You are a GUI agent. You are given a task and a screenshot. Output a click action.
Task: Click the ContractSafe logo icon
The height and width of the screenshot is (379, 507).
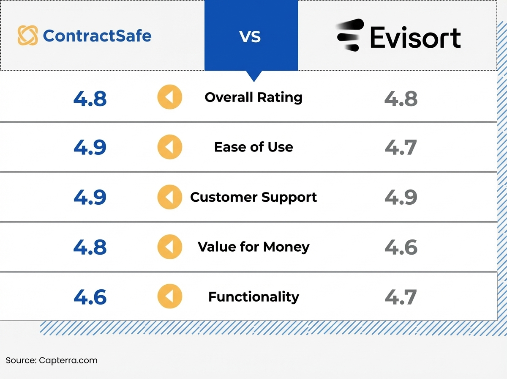(28, 35)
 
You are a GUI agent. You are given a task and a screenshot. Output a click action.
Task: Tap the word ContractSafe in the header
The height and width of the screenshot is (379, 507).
(97, 36)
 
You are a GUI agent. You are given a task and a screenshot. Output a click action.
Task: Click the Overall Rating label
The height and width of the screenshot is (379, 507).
(253, 97)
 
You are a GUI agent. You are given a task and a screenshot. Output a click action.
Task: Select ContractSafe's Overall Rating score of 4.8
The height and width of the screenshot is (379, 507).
(90, 98)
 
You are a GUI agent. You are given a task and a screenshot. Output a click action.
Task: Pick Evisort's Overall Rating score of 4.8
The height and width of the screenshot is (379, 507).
(401, 98)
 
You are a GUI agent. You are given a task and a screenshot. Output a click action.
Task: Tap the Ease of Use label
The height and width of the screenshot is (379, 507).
(253, 147)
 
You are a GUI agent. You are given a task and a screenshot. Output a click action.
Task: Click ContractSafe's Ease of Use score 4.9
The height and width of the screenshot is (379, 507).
(90, 147)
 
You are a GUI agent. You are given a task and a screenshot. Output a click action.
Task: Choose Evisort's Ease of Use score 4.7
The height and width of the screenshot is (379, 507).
(401, 147)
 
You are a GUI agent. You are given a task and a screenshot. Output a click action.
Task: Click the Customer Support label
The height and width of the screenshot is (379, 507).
(253, 197)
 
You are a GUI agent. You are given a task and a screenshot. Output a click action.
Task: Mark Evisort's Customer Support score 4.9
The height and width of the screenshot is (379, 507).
(401, 197)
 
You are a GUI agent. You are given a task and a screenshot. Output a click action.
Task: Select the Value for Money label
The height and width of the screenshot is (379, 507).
(253, 247)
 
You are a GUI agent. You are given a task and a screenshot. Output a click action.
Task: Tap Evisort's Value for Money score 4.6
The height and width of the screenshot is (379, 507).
(401, 247)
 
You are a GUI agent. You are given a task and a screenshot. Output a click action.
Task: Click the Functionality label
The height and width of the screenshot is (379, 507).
(253, 297)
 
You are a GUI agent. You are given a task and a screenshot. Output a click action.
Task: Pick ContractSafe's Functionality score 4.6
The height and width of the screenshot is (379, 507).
(90, 297)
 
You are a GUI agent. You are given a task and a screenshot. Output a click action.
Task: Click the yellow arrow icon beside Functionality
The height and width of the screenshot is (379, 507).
(170, 297)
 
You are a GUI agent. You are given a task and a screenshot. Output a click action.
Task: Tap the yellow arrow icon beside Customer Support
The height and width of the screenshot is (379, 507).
(170, 197)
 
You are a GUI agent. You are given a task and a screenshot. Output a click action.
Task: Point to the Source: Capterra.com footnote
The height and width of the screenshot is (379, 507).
(52, 361)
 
